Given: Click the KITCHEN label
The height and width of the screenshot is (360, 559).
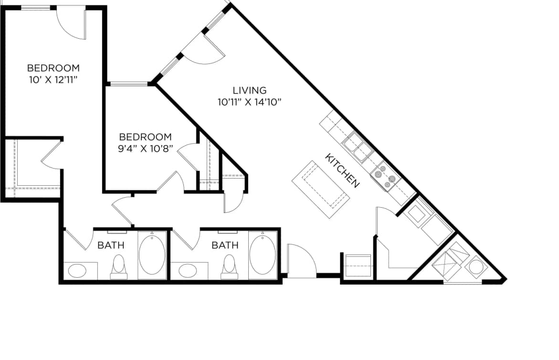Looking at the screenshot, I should (x=342, y=170).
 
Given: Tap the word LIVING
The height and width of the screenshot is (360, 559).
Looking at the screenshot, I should (x=249, y=90).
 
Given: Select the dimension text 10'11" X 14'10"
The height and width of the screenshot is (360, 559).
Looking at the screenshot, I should (x=250, y=101).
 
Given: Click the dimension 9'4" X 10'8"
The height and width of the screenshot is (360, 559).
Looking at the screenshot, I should (x=145, y=148).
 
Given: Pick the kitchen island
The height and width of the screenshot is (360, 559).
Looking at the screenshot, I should (x=321, y=190).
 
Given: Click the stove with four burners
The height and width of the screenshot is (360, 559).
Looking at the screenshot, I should (x=385, y=177).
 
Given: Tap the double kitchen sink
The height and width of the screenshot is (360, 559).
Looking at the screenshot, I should (x=358, y=147).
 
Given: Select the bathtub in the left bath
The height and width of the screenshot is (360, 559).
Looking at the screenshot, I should (x=152, y=255).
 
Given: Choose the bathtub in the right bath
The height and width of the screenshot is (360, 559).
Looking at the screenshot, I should (x=263, y=255).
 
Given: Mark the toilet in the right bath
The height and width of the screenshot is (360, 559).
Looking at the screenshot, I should (x=230, y=266).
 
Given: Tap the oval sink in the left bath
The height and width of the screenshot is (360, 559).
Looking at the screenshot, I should (x=77, y=271).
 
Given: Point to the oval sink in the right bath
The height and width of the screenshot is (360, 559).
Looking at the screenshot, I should (x=187, y=271).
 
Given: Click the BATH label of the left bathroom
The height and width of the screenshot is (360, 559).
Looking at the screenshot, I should (x=111, y=245).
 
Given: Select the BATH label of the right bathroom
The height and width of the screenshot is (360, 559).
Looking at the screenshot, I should (x=225, y=245).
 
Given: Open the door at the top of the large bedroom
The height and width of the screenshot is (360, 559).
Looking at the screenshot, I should (x=72, y=21).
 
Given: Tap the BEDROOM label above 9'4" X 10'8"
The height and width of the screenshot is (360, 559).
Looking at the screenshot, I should (x=145, y=137).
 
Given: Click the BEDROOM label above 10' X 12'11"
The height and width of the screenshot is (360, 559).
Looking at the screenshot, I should (x=53, y=68).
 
